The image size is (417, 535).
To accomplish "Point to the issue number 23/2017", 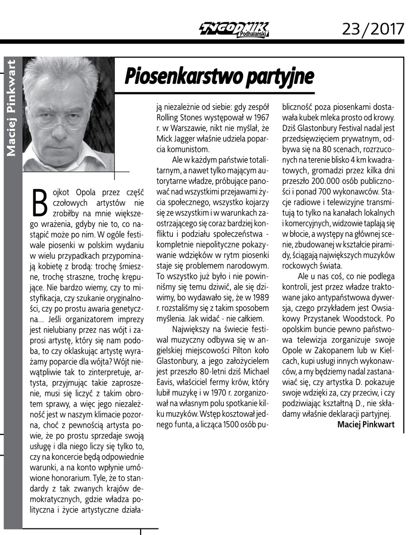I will click(x=373, y=28).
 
